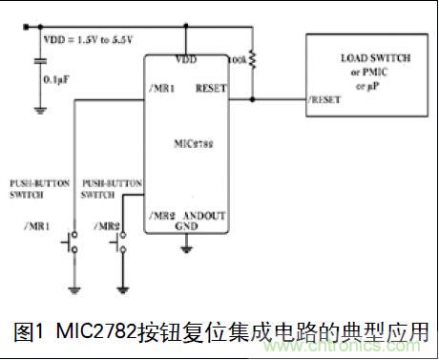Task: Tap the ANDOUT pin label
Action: [x=207, y=217]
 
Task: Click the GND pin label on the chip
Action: [x=185, y=228]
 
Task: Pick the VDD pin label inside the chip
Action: [x=185, y=59]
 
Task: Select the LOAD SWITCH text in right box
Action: [x=375, y=57]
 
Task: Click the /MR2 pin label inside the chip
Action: [x=161, y=217]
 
